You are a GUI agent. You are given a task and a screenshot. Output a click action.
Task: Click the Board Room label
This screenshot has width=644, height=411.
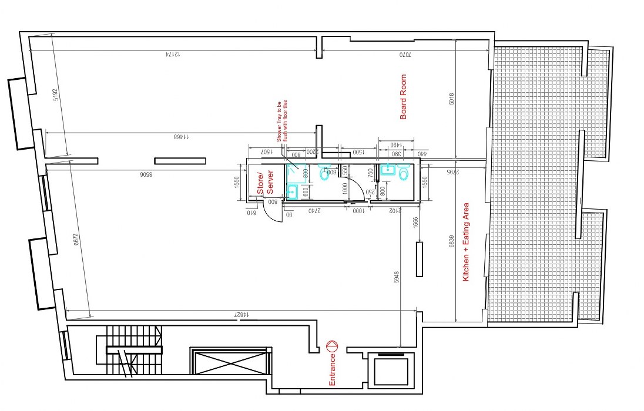tap(403, 97)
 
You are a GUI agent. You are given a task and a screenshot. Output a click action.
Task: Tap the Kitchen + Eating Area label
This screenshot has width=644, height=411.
tap(466, 241)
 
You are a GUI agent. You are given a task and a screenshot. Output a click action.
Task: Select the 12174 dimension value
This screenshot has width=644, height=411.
tap(171, 55)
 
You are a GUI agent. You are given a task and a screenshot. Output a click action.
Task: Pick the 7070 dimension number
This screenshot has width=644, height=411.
tap(404, 55)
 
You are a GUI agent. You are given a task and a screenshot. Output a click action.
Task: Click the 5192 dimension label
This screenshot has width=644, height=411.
tap(56, 95)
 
